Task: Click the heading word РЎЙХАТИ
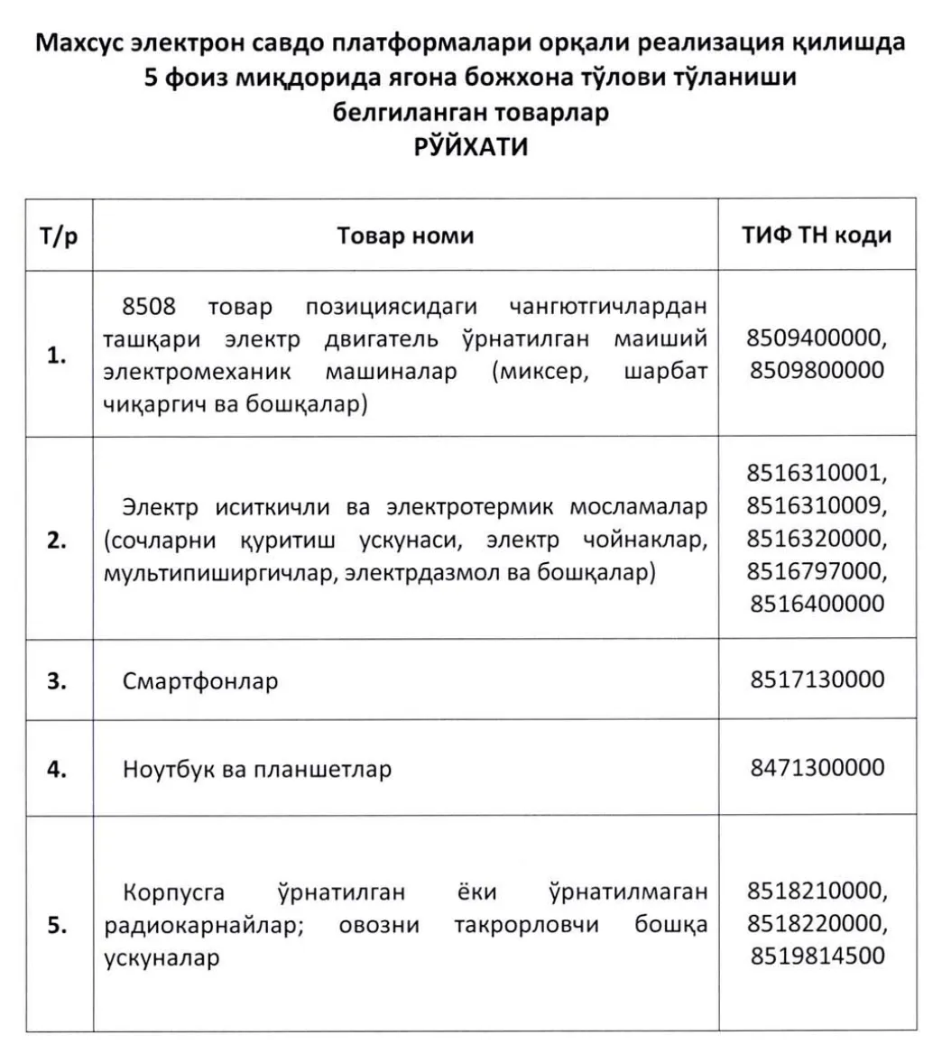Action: coord(470,147)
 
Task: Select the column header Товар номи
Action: coord(405,236)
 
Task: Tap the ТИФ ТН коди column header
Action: coord(817,236)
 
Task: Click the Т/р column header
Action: coord(59,236)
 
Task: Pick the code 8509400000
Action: coord(817,338)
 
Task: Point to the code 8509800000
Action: coord(817,370)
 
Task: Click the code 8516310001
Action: coord(817,474)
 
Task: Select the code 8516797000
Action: coord(817,571)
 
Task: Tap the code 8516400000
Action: coord(817,603)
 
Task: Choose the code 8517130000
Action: coord(817,679)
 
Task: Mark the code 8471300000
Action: coord(817,768)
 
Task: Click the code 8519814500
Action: coord(817,956)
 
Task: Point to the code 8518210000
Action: coord(817,892)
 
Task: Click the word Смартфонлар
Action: coord(200,681)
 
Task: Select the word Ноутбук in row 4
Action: coord(169,770)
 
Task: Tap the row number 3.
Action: coord(57,681)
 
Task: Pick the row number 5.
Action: coord(57,925)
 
